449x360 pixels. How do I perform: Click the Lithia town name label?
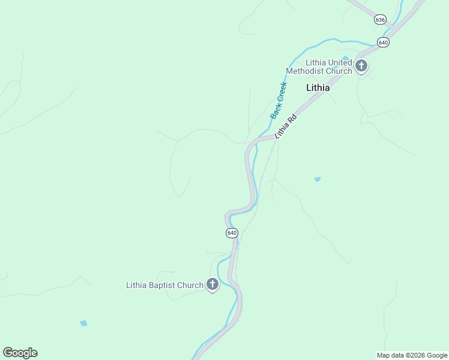coord(318,87)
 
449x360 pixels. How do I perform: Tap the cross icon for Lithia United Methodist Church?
coord(361,65)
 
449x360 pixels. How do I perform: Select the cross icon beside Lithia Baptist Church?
coord(212,285)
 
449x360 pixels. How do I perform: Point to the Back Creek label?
coord(279,100)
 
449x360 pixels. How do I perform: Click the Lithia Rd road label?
coord(286,127)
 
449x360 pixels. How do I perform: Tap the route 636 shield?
coord(380,20)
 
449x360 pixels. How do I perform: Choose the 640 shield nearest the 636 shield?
coord(383,42)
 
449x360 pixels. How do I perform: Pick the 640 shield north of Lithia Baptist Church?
coord(232,233)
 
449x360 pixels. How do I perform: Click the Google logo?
coord(20,353)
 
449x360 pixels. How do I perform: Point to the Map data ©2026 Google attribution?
coord(412,355)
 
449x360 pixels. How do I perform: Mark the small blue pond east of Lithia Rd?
coord(317,179)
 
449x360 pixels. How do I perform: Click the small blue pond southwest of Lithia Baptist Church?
coord(83,323)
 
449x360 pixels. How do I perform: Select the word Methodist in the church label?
coord(304,71)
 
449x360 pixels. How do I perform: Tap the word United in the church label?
coord(340,62)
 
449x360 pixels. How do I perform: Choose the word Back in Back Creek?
coord(275,110)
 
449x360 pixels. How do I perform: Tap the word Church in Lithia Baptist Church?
coord(191,285)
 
